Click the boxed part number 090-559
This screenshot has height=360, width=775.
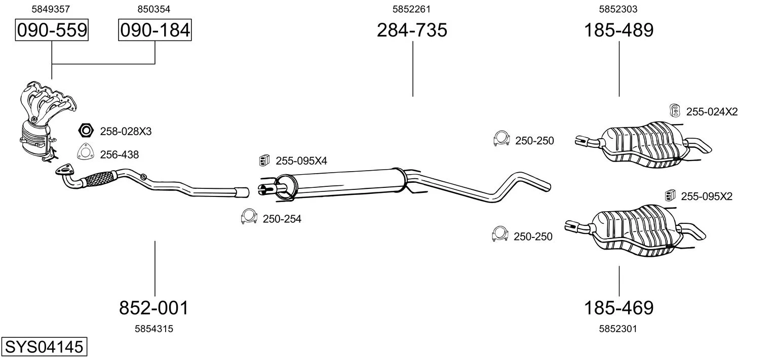[x=52, y=30]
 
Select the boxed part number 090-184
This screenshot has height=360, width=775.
[x=155, y=30]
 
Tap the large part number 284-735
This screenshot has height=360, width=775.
[x=412, y=30]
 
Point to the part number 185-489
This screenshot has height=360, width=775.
[x=619, y=30]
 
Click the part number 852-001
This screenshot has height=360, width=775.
[x=154, y=307]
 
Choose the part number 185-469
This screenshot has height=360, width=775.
[x=619, y=307]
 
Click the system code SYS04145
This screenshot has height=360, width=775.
[x=44, y=346]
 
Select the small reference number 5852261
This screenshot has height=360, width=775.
[x=411, y=9]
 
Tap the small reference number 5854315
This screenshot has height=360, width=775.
[x=154, y=329]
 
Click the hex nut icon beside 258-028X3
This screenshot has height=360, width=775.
[x=86, y=130]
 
